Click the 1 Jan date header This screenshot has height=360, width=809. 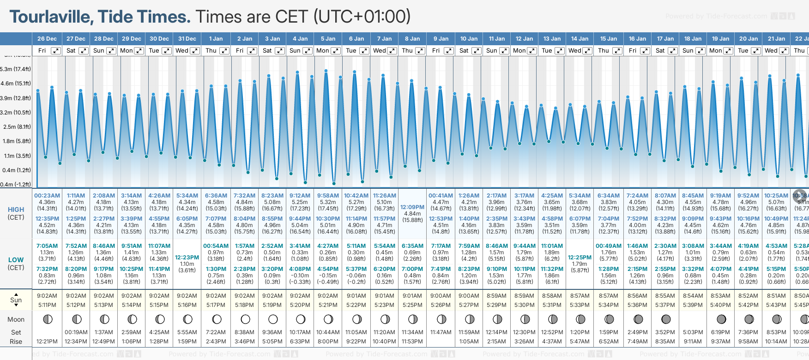point(216,39)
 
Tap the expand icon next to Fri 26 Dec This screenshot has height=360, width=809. point(55,51)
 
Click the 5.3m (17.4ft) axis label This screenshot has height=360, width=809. point(16,69)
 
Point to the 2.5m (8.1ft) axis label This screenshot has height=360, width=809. point(17,126)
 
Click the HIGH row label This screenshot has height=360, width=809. point(16,210)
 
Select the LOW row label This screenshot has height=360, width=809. point(16,260)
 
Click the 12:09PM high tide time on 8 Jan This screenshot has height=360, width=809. point(412,207)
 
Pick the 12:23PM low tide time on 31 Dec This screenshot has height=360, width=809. point(187,258)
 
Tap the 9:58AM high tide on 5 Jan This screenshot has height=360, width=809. point(328,196)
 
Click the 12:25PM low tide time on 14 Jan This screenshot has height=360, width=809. point(580,258)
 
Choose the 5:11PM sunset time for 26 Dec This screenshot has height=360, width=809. point(47,305)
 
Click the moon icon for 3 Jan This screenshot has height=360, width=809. point(273,319)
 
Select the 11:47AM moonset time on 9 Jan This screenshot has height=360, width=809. point(441,332)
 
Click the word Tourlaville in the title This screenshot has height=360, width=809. point(51,17)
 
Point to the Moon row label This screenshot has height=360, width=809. point(16,319)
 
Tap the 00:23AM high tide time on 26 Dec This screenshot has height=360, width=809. point(47,196)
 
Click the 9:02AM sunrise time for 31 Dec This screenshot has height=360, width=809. point(187,296)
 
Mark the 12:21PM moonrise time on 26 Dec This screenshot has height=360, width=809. point(47,342)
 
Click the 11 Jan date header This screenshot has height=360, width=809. point(497,39)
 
